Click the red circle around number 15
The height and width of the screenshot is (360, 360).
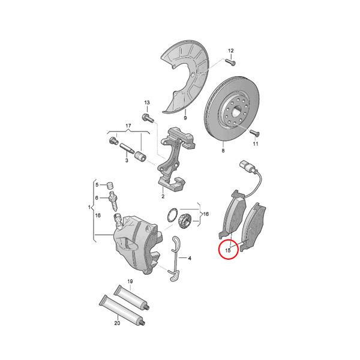click(x=228, y=248)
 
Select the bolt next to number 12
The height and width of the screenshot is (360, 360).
click(x=229, y=61)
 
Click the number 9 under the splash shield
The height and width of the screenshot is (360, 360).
click(x=185, y=119)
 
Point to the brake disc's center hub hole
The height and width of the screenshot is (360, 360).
click(x=235, y=111)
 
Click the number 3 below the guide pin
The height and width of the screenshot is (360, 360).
click(x=127, y=161)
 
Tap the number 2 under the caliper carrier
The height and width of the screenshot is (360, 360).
click(x=162, y=196)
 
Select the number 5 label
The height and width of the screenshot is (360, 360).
click(x=97, y=185)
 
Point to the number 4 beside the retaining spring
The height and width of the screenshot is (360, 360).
click(x=189, y=259)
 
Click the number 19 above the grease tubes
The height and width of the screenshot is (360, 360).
click(x=130, y=281)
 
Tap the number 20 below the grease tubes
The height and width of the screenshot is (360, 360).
click(x=118, y=323)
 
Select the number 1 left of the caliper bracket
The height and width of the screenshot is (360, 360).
click(x=90, y=208)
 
